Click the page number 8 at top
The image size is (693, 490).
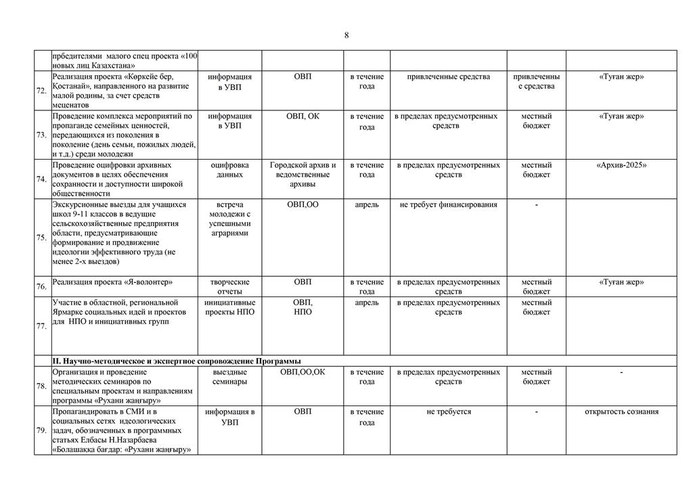pos(346,36)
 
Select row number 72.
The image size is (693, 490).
pos(42,91)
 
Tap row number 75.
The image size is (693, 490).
pos(42,238)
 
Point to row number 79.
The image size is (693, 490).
pos(42,430)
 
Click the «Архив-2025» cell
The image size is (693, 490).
pos(621,165)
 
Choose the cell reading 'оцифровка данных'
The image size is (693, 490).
pos(230,170)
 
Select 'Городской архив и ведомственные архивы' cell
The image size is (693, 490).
pos(303,175)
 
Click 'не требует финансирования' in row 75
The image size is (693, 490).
pos(448,204)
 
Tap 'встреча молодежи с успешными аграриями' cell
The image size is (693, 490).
pos(230,219)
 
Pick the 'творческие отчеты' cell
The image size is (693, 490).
pos(230,286)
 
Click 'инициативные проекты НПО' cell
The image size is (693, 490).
pos(230,307)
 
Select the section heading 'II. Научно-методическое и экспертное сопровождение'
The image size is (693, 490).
pos(177,361)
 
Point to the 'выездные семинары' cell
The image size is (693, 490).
pos(230,377)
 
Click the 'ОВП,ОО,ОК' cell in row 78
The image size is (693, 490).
pos(303,372)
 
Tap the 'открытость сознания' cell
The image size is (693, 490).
pos(621,411)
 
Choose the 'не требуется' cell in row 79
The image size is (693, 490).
pos(448,411)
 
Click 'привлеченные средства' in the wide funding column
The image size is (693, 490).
pos(448,77)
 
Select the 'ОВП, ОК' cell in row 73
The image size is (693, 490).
pos(303,116)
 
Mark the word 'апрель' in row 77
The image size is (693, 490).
pos(367,303)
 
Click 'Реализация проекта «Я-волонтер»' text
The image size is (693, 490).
pos(112,282)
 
